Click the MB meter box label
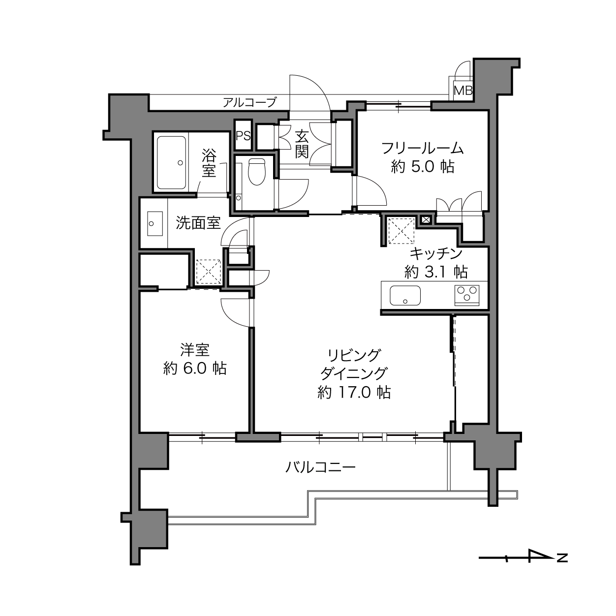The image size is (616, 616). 463,91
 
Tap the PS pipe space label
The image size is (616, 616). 243,136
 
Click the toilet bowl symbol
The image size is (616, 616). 257,172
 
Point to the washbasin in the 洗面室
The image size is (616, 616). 155,223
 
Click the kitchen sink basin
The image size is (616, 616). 405,295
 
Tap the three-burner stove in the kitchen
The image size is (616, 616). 467,295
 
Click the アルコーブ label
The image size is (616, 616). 249,102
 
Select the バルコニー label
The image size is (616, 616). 320,467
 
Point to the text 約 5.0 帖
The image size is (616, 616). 423,167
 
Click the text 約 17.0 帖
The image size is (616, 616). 354,392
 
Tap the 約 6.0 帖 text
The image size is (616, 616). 195,368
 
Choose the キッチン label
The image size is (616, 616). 436,253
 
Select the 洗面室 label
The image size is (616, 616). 198,223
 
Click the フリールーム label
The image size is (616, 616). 423,148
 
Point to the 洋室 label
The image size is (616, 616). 195,350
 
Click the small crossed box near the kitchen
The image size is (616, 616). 426,219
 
